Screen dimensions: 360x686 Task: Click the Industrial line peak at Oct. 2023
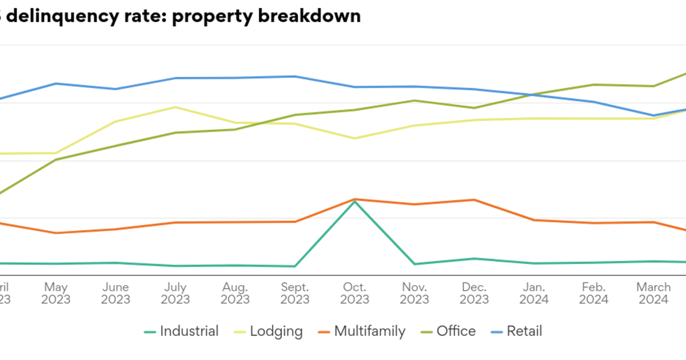point(355,202)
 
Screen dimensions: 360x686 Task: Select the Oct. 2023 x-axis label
point(355,293)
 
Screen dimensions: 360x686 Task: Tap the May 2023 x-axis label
point(56,293)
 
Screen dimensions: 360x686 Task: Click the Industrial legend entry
point(181,331)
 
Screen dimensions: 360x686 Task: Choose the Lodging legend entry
point(269,331)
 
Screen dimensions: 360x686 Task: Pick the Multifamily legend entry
point(362,331)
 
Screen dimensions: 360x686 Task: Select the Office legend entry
point(448,331)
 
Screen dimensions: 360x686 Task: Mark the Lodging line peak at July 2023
point(176,107)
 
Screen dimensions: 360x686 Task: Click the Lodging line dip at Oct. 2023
point(355,138)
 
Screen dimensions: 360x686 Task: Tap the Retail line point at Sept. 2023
point(295,76)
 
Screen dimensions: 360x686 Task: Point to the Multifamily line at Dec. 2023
point(474,199)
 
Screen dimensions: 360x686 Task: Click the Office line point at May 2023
point(56,159)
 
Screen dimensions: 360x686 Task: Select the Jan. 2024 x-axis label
point(534,293)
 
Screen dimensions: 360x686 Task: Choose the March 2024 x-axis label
point(653,293)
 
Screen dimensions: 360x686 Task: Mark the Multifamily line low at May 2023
point(56,233)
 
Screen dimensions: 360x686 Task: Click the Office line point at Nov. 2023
point(414,101)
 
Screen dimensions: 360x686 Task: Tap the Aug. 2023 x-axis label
point(235,293)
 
